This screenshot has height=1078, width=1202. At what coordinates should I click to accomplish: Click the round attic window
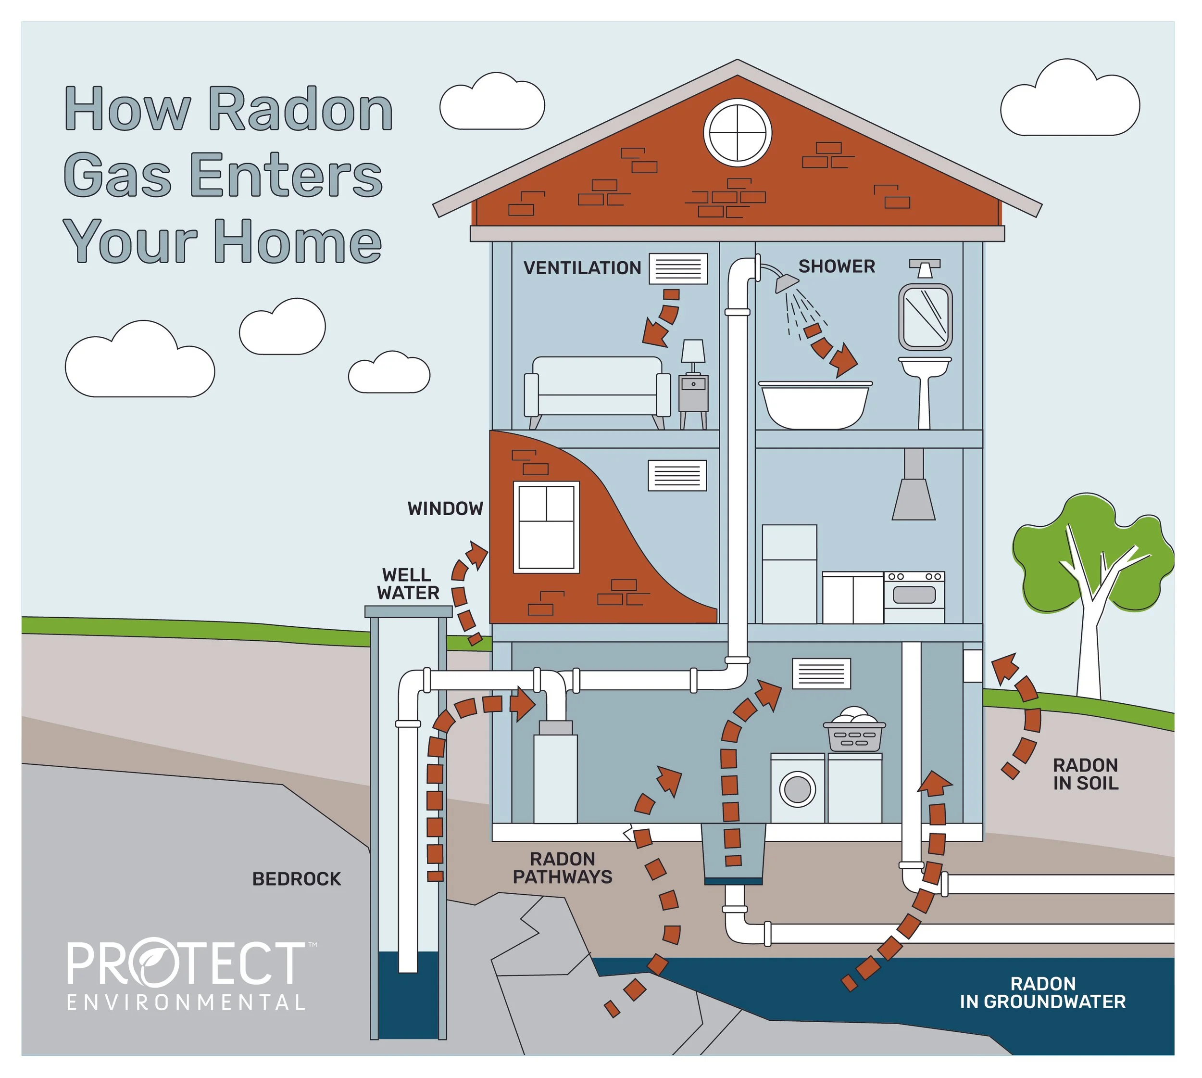737,133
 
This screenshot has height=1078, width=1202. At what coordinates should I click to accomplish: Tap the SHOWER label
836,266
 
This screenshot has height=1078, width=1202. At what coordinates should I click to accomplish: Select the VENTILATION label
582,268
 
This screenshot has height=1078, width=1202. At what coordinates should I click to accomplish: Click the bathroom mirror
925,317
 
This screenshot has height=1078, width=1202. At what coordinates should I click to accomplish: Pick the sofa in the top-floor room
597,388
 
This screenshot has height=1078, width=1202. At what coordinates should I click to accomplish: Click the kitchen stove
914,596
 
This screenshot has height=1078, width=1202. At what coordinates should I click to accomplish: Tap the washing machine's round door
798,789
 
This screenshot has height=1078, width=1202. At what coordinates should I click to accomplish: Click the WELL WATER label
408,583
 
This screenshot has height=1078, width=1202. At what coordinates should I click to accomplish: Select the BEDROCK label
296,879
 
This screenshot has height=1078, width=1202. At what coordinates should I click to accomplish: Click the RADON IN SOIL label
1085,774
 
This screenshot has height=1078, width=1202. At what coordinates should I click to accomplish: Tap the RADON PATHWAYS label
563,868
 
